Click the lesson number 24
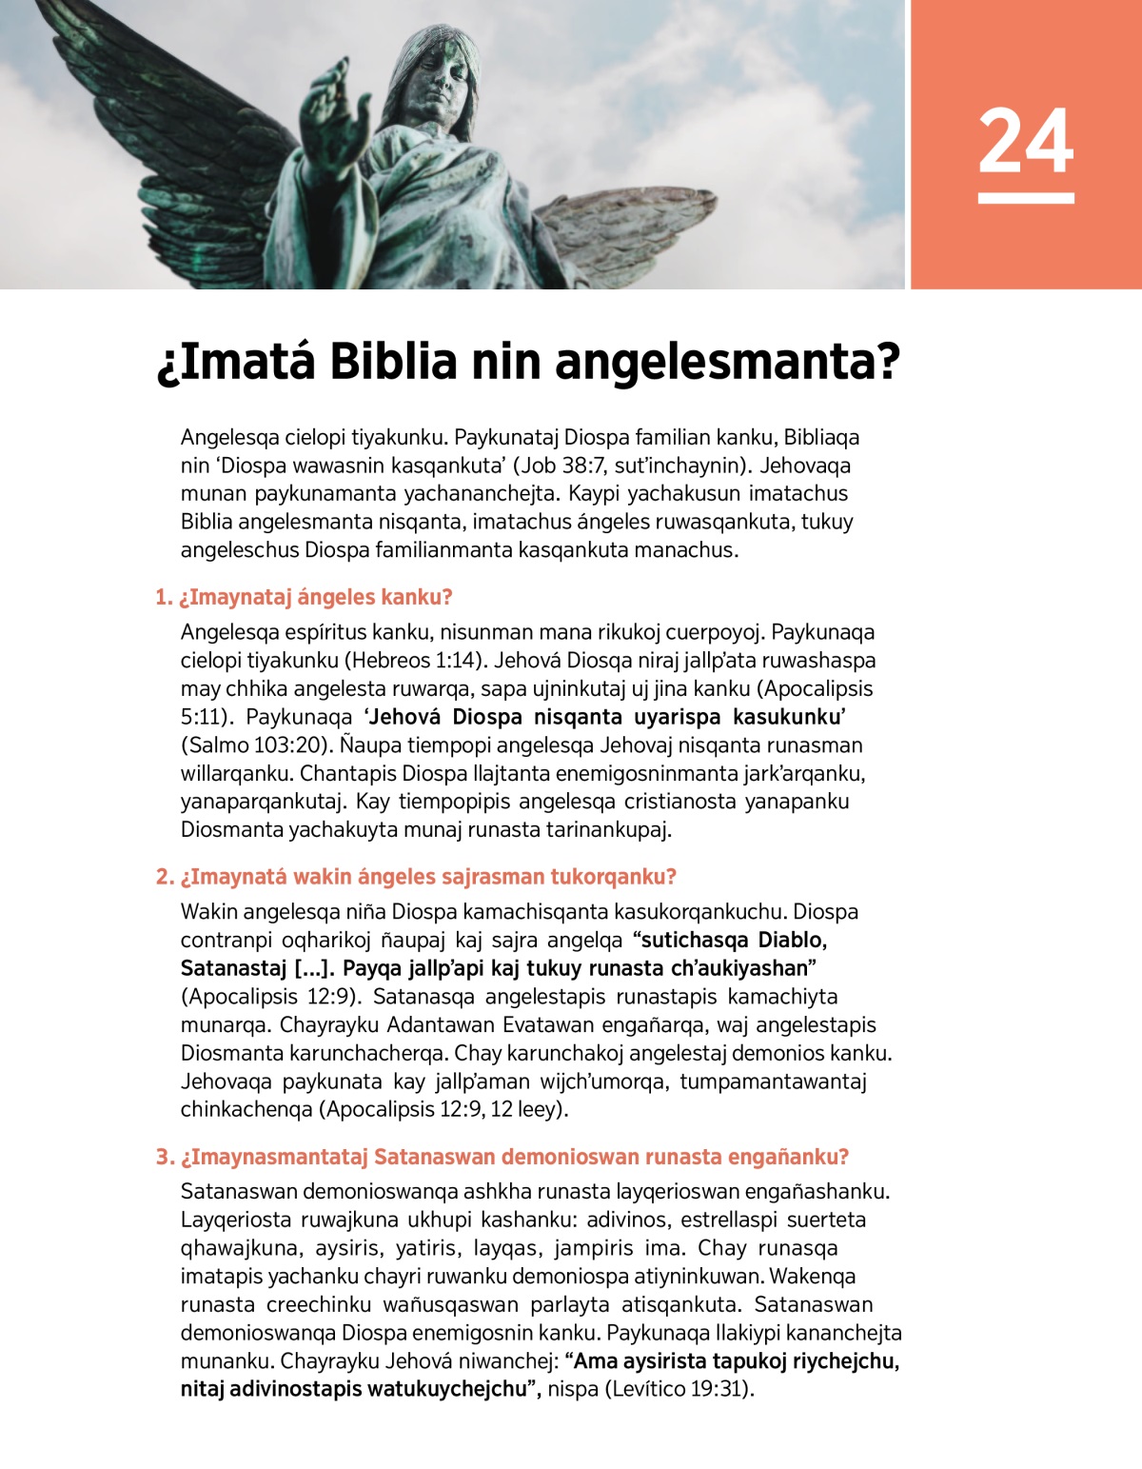pos(1025,142)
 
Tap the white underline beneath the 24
pos(1025,198)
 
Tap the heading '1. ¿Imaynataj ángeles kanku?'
pos(304,598)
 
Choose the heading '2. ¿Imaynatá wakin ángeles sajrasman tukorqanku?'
pos(416,877)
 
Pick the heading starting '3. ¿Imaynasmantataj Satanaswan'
pos(502,1157)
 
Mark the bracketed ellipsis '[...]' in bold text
pos(312,968)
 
